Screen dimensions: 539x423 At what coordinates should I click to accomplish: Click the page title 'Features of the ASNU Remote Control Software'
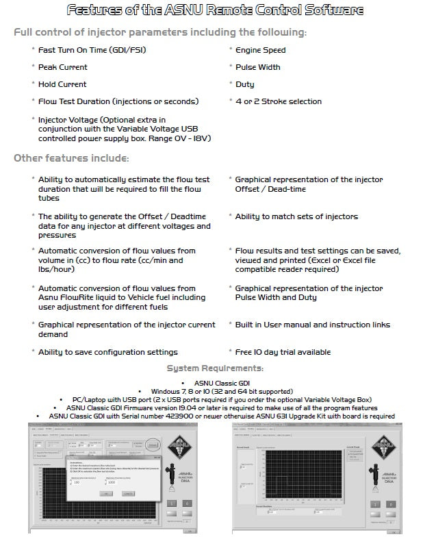(x=211, y=10)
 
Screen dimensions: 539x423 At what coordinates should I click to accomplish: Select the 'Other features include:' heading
(x=71, y=158)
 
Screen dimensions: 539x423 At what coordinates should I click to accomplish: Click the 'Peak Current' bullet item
(x=63, y=67)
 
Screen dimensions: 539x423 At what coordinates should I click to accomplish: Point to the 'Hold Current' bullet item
(x=62, y=84)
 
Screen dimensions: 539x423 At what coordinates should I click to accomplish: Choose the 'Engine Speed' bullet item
(x=261, y=50)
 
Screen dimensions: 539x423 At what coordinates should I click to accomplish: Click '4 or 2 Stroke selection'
(x=278, y=101)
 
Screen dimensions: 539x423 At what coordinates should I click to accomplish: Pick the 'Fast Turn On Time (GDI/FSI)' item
(x=92, y=50)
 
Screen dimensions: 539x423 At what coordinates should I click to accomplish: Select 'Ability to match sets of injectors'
(x=296, y=216)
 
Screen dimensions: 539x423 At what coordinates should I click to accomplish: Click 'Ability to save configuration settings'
(x=107, y=352)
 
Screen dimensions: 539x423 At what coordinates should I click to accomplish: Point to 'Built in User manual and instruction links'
(x=313, y=325)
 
